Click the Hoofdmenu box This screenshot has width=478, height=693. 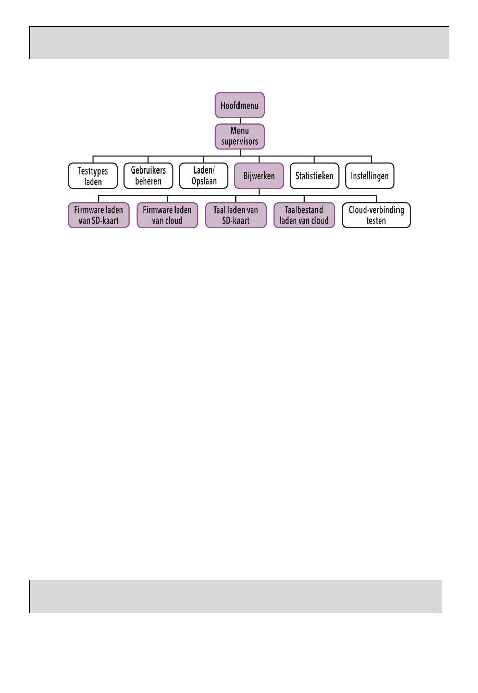tap(240, 105)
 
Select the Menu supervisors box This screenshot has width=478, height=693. tap(240, 136)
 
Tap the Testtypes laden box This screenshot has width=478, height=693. tap(93, 176)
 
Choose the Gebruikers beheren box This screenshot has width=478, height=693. tap(148, 176)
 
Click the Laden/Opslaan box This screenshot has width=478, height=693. tap(204, 176)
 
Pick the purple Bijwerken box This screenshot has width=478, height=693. tap(259, 176)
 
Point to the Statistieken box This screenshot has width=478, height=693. tap(314, 176)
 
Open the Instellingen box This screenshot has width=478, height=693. tap(370, 176)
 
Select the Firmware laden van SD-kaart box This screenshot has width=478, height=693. tap(99, 215)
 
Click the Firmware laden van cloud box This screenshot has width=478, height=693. tap(168, 215)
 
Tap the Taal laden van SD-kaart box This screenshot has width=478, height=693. tap(236, 215)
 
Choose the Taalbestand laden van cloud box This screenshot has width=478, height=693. tap(304, 215)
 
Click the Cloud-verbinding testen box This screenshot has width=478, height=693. tap(376, 215)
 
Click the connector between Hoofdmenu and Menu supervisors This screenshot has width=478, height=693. tap(240, 121)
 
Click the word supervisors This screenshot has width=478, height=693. tap(240, 142)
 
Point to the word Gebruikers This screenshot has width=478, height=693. tap(148, 170)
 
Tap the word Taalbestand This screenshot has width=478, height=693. tap(304, 210)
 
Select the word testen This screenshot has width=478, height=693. tap(376, 221)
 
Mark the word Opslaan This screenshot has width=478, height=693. tap(204, 181)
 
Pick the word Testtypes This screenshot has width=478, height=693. tap(93, 171)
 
